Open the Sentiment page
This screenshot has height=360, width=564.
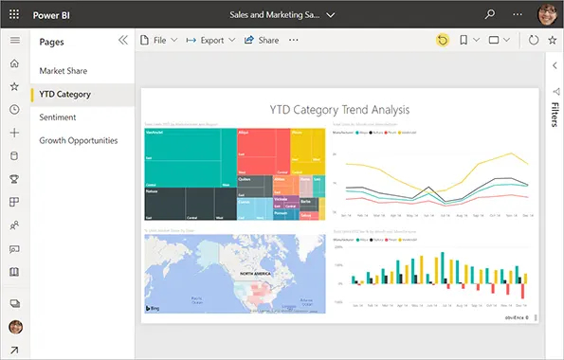pos(58,117)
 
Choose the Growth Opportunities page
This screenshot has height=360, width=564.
pos(79,140)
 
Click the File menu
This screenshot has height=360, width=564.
pos(158,41)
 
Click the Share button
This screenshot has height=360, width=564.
pos(262,41)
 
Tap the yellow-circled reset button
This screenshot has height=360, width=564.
pos(443,41)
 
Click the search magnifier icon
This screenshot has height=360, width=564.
pos(490,14)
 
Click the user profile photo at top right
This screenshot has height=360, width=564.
pos(548,14)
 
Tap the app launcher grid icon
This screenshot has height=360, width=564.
pos(14,14)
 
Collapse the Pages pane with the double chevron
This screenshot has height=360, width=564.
pos(122,41)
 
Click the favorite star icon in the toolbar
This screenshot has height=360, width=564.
pos(553,41)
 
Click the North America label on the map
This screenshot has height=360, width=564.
pos(258,273)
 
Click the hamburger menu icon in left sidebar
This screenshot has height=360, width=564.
pos(14,40)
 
